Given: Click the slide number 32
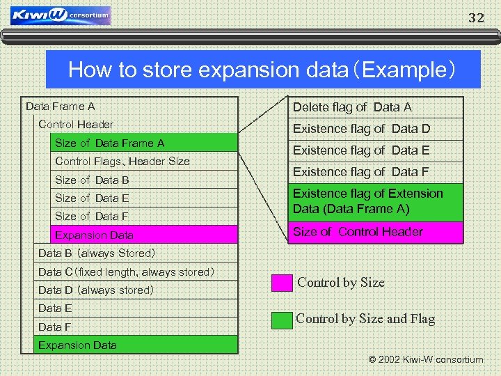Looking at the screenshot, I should (x=476, y=18).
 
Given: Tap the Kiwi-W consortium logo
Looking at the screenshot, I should (x=61, y=15).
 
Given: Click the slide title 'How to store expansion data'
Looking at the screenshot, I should (x=262, y=70).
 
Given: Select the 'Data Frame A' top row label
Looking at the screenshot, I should (x=61, y=107).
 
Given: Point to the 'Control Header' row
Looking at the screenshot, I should (x=76, y=125).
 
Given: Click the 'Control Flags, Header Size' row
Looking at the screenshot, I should (x=122, y=162).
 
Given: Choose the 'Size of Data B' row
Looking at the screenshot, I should (x=92, y=180).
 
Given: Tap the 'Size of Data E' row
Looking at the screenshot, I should (x=92, y=198).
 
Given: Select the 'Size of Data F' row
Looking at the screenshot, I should (x=92, y=217).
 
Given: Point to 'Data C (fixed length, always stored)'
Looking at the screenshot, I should (x=126, y=272).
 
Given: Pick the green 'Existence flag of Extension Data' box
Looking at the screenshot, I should (x=376, y=201).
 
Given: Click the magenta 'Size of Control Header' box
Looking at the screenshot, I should (x=376, y=232).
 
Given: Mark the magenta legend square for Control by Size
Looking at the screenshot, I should (x=282, y=283).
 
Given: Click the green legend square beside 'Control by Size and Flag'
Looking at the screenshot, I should (x=282, y=320).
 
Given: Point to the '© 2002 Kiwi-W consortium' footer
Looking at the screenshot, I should (x=425, y=360).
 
